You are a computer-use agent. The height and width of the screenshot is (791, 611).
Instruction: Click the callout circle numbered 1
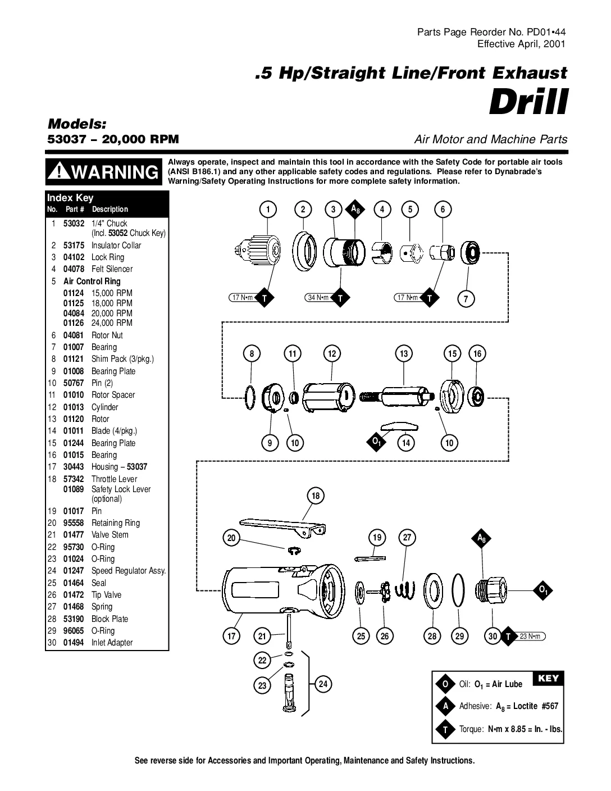268,210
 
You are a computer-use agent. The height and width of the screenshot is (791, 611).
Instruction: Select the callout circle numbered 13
404,353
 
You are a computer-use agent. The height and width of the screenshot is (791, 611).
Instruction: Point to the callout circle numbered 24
323,684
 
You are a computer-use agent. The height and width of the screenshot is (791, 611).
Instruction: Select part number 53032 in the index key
74,223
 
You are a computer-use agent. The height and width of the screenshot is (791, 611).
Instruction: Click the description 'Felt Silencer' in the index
112,269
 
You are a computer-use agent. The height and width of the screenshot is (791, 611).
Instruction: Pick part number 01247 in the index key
74,571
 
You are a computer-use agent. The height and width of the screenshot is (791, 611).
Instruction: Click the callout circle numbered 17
231,636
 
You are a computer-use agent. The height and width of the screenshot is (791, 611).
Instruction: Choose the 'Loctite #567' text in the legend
536,706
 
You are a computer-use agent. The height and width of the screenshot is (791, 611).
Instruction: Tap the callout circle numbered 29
460,636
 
